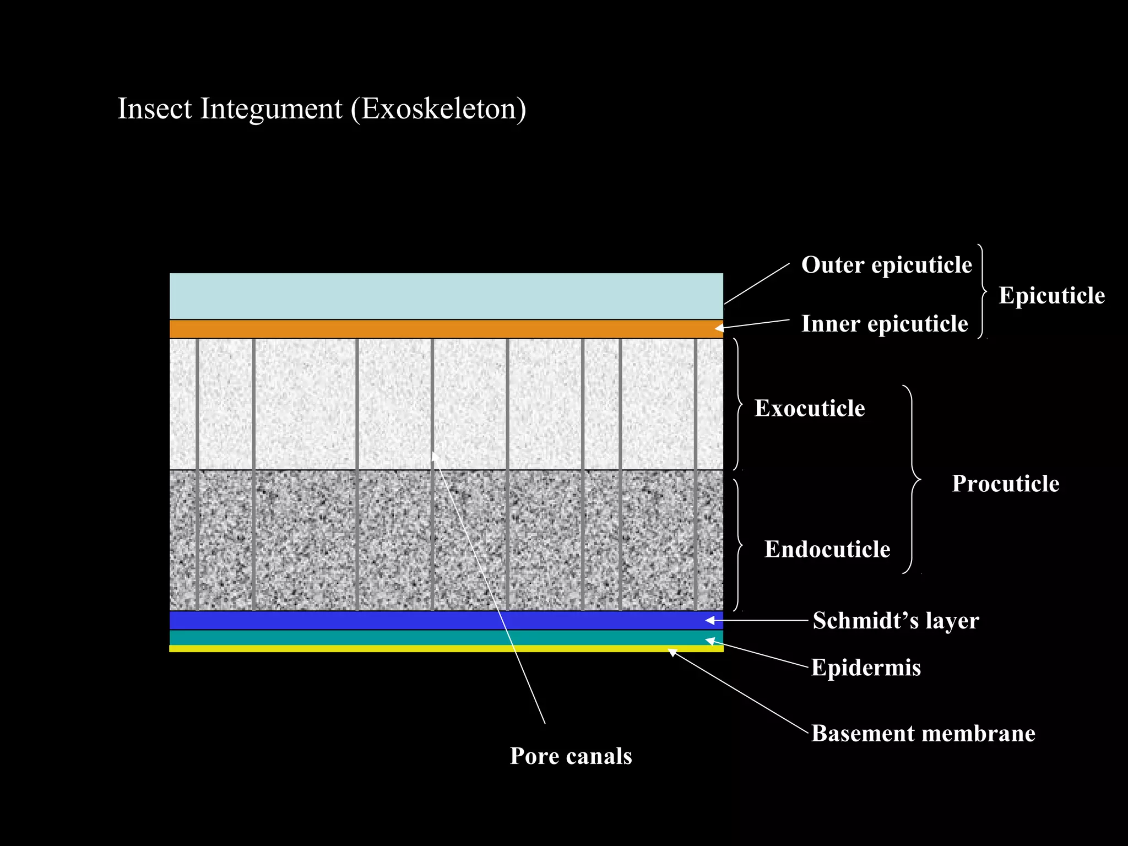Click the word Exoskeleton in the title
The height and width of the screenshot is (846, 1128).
pos(438,109)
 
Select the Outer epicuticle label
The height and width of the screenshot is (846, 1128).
pos(886,265)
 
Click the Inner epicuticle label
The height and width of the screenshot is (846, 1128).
pos(884,324)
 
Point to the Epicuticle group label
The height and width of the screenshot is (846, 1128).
pos(1051,296)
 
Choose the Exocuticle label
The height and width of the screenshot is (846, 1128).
pos(809,409)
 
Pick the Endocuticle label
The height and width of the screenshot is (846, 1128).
pos(827,550)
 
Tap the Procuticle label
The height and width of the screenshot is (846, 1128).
pos(1005,484)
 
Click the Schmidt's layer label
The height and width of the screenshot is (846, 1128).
pos(896,621)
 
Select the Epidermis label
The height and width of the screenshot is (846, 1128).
pos(866,668)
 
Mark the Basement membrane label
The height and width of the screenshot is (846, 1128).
pos(923,734)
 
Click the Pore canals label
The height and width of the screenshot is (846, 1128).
pos(571,756)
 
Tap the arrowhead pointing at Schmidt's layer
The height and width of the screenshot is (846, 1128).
pos(711,621)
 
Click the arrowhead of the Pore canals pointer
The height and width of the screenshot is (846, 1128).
pos(435,455)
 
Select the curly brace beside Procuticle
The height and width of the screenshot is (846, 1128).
pos(912,479)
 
